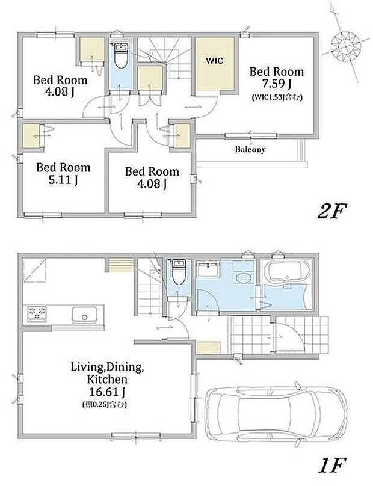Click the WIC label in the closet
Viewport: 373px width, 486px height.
pyautogui.click(x=215, y=60)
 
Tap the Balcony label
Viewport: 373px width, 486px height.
pyautogui.click(x=250, y=149)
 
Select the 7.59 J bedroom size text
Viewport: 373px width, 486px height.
pyautogui.click(x=277, y=84)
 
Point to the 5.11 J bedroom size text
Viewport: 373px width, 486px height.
pyautogui.click(x=63, y=179)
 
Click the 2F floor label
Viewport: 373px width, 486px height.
pyautogui.click(x=331, y=211)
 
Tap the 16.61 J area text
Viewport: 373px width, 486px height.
pyautogui.click(x=107, y=392)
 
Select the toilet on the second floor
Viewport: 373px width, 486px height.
pyautogui.click(x=120, y=56)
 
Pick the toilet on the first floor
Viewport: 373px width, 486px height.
pyautogui.click(x=178, y=272)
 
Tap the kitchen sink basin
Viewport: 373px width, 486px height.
pyautogui.click(x=84, y=315)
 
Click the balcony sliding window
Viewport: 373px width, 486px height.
pyautogui.click(x=251, y=135)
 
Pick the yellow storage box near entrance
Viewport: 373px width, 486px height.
pyautogui.click(x=209, y=348)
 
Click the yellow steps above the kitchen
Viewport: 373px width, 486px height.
pyautogui.click(x=122, y=265)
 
